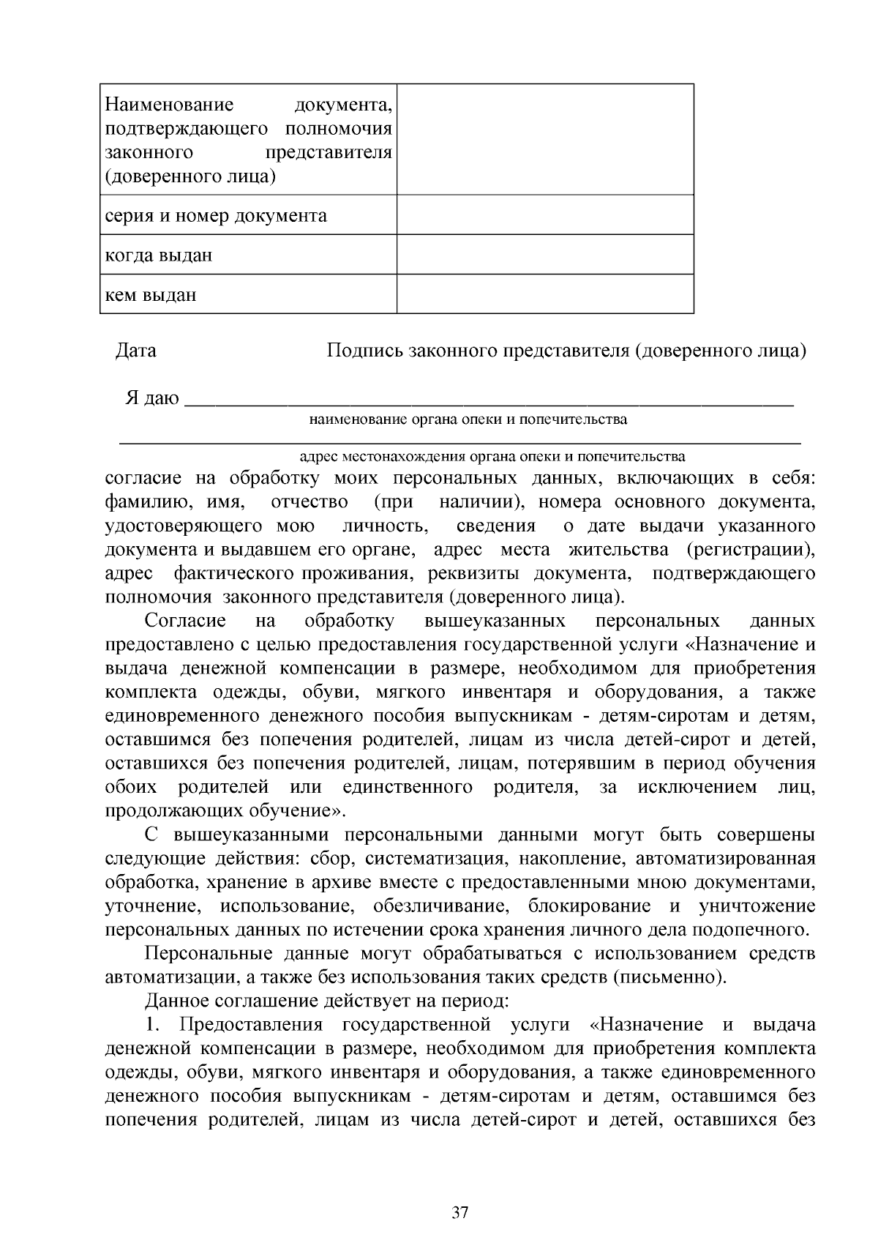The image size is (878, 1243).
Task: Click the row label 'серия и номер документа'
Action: pyautogui.click(x=215, y=216)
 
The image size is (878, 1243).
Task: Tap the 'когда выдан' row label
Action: pyautogui.click(x=159, y=255)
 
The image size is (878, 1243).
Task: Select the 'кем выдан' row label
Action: pyautogui.click(x=151, y=295)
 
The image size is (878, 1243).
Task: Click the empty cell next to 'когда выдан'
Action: pyautogui.click(x=544, y=255)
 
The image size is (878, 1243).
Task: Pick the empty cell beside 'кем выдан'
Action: pyautogui.click(x=544, y=294)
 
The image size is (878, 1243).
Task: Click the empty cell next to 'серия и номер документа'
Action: pyautogui.click(x=544, y=215)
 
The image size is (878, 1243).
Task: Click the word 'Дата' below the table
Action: pyautogui.click(x=136, y=351)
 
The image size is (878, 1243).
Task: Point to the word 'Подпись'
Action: pyautogui.click(x=364, y=351)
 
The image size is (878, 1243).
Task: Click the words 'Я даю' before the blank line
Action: pyautogui.click(x=151, y=398)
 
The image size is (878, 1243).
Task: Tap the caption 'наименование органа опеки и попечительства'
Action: pyautogui.click(x=468, y=420)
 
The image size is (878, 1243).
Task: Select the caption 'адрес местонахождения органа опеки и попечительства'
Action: pyautogui.click(x=493, y=457)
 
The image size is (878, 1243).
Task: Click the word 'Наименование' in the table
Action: pyautogui.click(x=169, y=105)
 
